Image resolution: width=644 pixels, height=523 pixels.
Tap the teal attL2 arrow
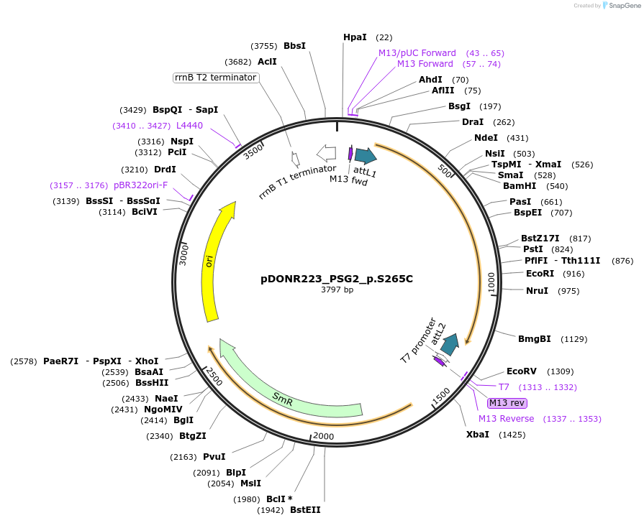(450, 344)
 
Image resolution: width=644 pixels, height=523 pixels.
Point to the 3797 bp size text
(337, 290)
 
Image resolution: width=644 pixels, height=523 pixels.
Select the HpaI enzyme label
(355, 37)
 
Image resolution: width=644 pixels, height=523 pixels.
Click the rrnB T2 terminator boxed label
(216, 77)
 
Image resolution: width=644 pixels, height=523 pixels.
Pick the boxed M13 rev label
(507, 403)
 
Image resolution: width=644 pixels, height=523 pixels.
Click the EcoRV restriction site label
(522, 371)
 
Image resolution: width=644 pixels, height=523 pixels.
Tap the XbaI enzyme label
(478, 434)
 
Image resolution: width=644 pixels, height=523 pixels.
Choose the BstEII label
(305, 510)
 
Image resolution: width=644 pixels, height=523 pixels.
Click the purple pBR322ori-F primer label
(140, 185)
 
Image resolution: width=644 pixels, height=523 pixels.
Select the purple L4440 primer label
(189, 125)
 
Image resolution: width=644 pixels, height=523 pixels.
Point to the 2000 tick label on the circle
(324, 436)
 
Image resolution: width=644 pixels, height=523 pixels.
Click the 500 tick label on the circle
(445, 173)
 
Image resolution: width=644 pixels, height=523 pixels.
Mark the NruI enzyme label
(537, 290)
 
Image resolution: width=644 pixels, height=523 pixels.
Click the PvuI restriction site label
(214, 456)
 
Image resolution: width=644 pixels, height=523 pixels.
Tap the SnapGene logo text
(623, 6)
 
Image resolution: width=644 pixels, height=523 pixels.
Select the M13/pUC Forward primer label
(417, 53)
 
